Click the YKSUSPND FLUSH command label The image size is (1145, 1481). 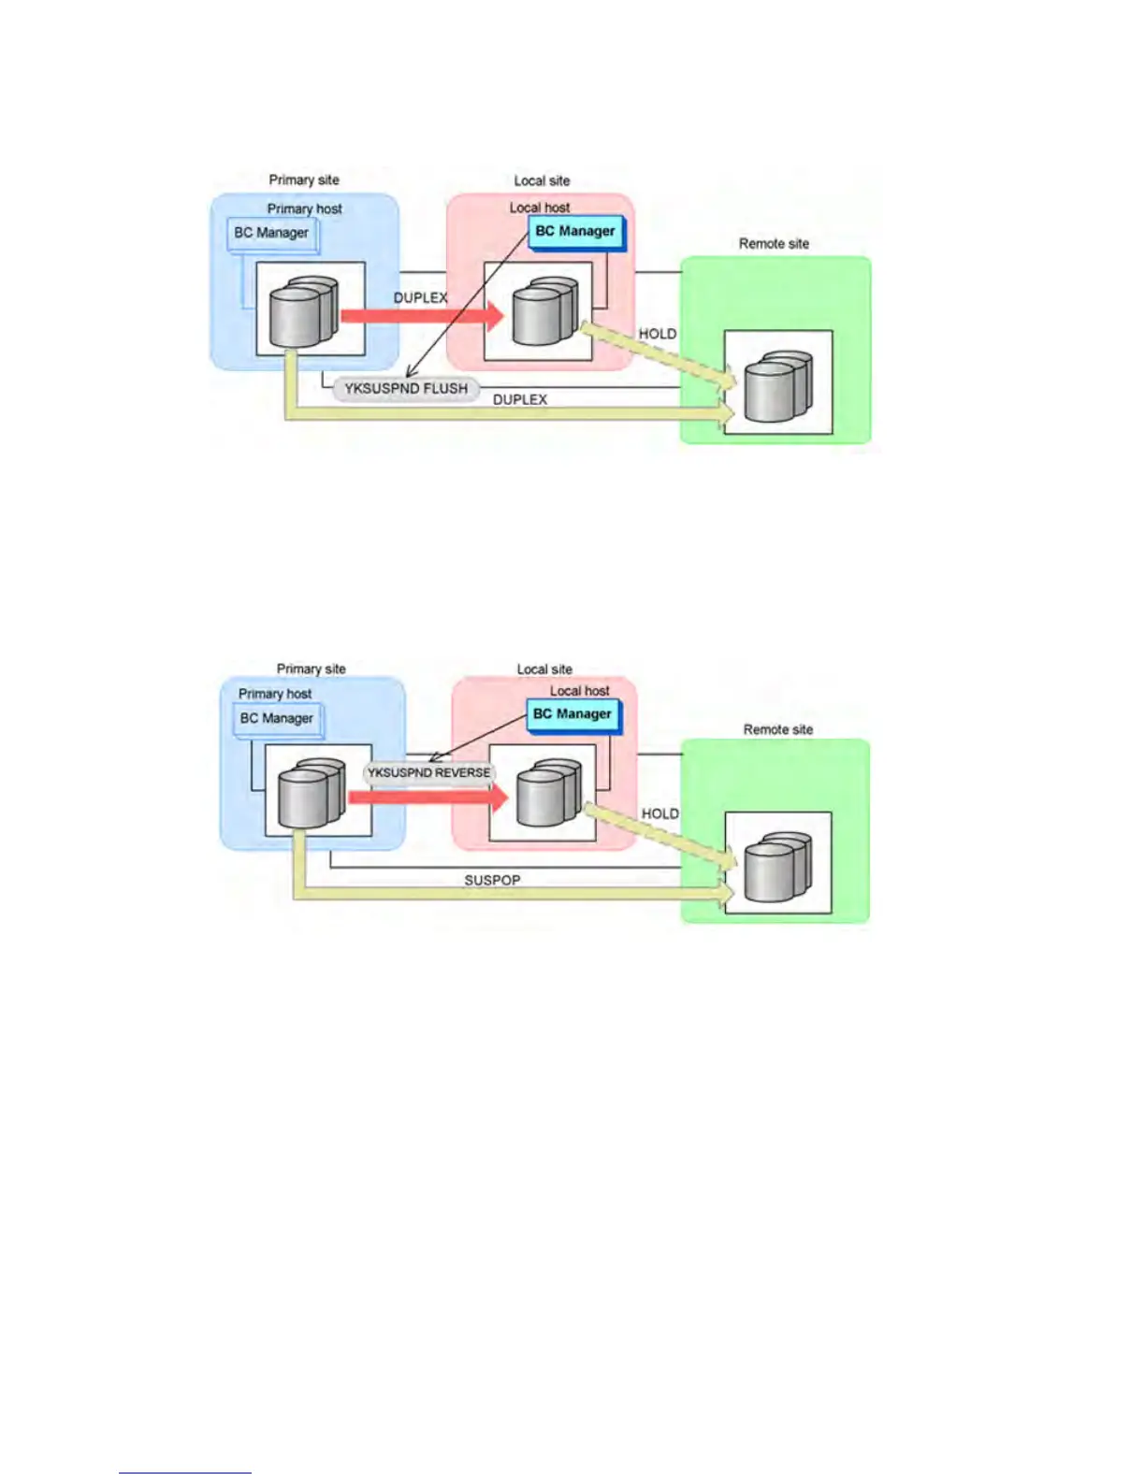click(406, 389)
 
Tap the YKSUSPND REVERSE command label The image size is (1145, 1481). click(428, 773)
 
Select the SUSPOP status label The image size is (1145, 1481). click(492, 881)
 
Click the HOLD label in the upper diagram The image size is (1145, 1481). click(657, 334)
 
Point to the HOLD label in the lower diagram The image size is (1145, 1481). click(659, 813)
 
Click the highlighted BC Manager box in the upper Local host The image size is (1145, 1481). click(575, 231)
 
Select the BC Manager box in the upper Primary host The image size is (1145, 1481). click(271, 233)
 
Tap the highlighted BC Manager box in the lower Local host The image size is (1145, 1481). click(572, 714)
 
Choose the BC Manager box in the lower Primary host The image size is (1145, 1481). click(276, 718)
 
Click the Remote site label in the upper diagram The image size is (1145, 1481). click(774, 244)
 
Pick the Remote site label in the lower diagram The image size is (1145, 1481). click(777, 729)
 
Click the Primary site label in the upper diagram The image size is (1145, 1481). click(304, 180)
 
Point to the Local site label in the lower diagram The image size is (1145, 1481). click(544, 669)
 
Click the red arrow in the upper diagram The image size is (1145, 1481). click(421, 316)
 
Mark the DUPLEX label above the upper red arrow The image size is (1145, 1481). click(420, 297)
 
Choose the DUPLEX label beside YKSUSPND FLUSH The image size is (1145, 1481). click(520, 399)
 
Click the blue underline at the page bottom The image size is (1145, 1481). click(184, 1474)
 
